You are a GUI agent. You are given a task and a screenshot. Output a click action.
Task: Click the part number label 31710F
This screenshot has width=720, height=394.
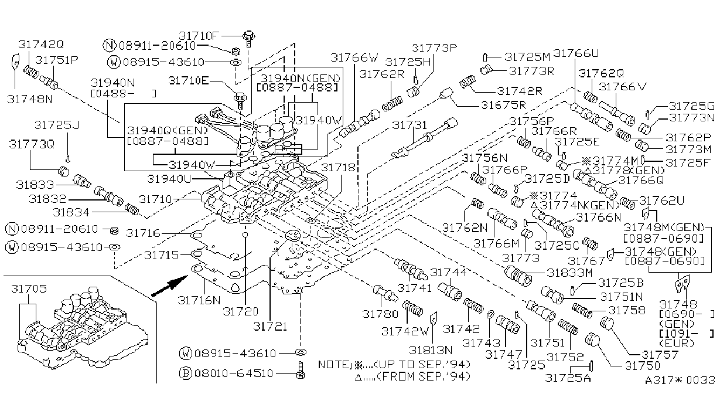199,36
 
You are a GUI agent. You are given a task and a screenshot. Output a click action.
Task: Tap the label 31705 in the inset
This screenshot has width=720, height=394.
29,288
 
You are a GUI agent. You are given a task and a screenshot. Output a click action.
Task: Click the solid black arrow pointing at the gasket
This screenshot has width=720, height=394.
169,286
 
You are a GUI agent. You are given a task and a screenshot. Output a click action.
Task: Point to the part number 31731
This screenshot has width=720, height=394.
409,125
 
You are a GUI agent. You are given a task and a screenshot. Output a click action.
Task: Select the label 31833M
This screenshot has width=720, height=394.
569,273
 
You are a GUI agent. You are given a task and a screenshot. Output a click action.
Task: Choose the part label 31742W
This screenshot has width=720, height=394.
405,331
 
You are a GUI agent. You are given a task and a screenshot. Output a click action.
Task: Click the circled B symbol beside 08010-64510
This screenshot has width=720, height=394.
186,373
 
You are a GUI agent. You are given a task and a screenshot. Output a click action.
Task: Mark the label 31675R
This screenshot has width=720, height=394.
503,105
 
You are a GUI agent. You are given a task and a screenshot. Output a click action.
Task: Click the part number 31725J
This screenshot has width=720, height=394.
57,125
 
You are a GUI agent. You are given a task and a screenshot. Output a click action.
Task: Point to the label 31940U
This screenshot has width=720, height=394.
169,179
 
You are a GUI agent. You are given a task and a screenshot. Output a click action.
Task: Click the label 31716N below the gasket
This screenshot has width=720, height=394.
199,300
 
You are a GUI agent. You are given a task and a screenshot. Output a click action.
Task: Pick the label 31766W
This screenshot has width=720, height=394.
354,58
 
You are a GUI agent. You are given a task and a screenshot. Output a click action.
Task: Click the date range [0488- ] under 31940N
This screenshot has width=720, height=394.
124,94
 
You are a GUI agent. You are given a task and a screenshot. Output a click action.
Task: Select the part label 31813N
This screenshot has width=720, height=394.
431,349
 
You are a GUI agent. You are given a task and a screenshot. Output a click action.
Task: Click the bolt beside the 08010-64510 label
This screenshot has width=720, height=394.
301,370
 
